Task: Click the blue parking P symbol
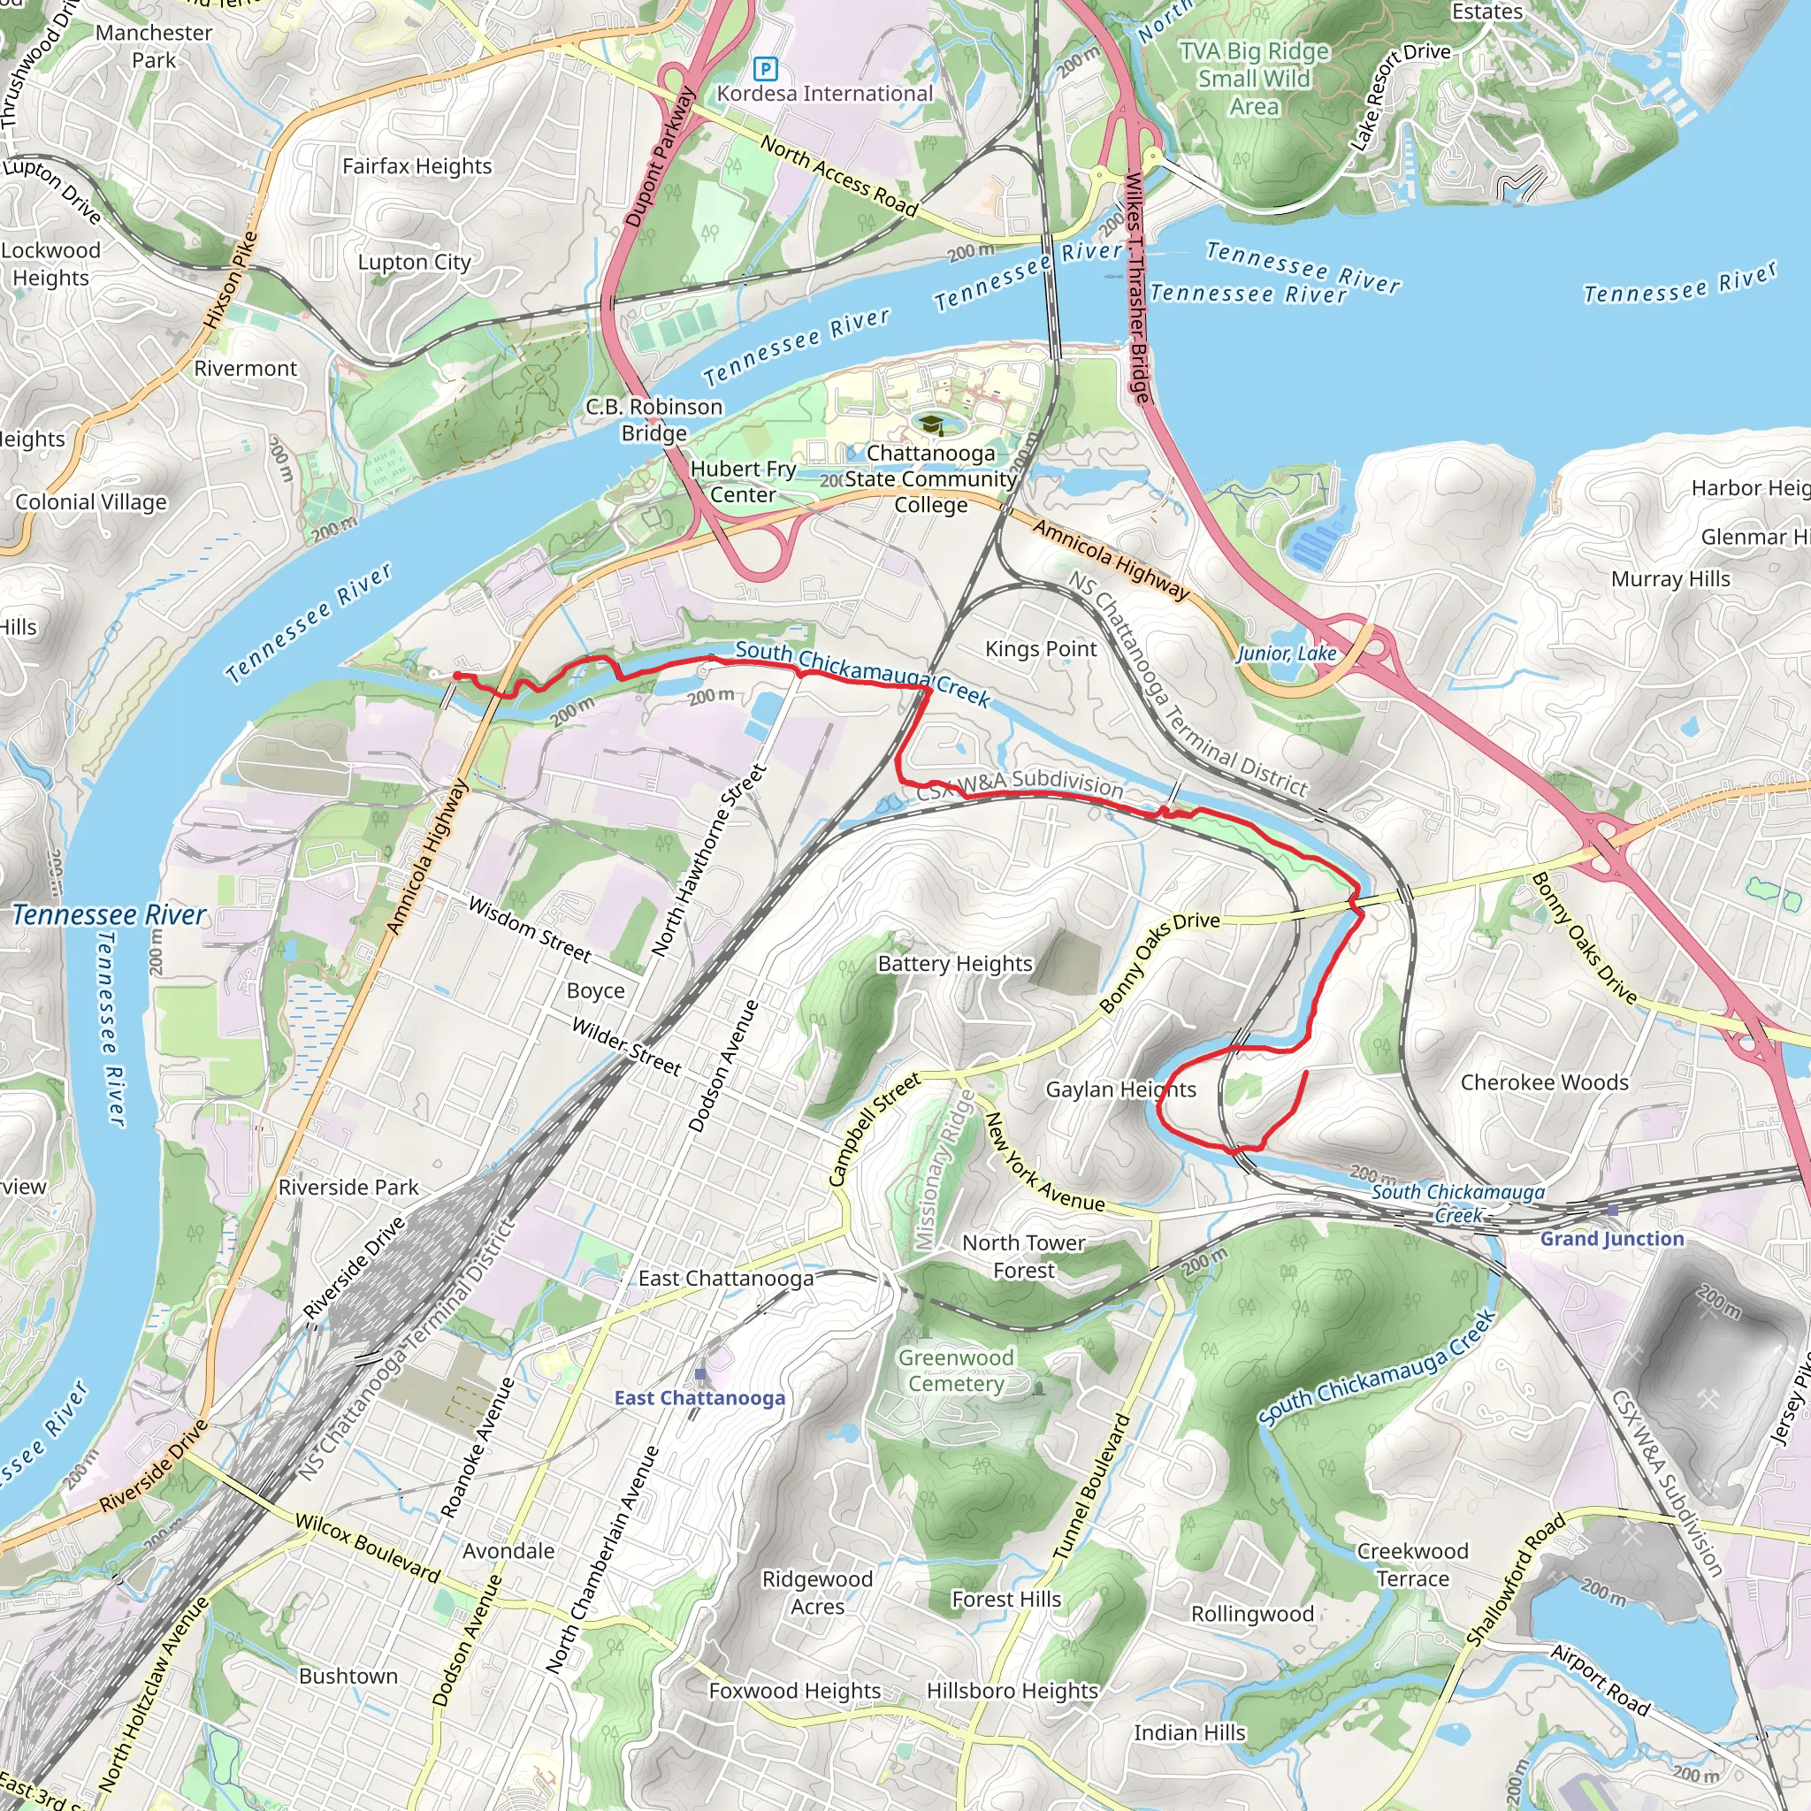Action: pyautogui.click(x=766, y=67)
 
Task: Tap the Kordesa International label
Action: pyautogui.click(x=825, y=94)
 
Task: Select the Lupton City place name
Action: pyautogui.click(x=415, y=263)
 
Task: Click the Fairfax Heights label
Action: pyautogui.click(x=417, y=167)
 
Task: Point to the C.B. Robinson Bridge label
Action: pyautogui.click(x=654, y=420)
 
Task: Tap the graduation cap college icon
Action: pyautogui.click(x=931, y=426)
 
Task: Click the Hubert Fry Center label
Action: pyautogui.click(x=744, y=482)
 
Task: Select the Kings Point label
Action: pyautogui.click(x=1041, y=649)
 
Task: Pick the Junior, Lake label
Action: pyautogui.click(x=1286, y=653)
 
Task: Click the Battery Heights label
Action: pyautogui.click(x=955, y=964)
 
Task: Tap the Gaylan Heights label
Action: pyautogui.click(x=1121, y=1089)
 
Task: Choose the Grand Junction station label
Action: pyautogui.click(x=1612, y=1238)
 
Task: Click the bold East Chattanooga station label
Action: pyautogui.click(x=700, y=1398)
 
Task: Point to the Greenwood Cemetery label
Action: pyautogui.click(x=956, y=1371)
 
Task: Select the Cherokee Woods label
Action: pyautogui.click(x=1545, y=1082)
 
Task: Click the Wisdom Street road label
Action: pyautogui.click(x=530, y=930)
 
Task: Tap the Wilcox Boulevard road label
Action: pyautogui.click(x=368, y=1547)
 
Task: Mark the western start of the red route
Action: pyautogui.click(x=456, y=676)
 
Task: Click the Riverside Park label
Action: pyautogui.click(x=348, y=1188)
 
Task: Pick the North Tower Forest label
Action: pyautogui.click(x=1024, y=1256)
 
